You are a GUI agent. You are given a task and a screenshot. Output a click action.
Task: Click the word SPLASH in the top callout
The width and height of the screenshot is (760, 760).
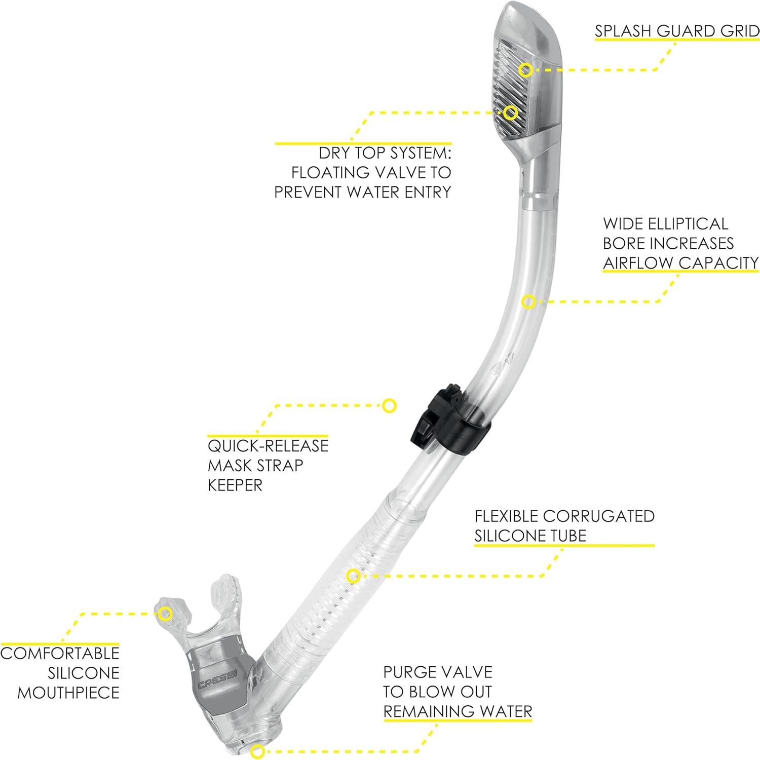click(623, 31)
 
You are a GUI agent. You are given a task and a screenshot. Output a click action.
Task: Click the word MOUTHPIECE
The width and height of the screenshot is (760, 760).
click(68, 693)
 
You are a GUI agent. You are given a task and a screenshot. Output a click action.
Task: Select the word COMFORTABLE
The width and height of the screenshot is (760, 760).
click(60, 653)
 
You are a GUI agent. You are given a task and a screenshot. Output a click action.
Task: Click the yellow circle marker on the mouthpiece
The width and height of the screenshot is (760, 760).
click(164, 614)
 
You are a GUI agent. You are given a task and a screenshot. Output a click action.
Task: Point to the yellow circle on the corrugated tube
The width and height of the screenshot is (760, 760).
click(354, 576)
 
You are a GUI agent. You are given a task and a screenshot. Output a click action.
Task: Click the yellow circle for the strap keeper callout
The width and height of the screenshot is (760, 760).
click(389, 405)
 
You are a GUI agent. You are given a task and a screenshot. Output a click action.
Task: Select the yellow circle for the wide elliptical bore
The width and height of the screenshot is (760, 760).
click(528, 302)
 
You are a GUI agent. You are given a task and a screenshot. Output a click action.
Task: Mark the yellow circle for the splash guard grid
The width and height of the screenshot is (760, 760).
click(526, 69)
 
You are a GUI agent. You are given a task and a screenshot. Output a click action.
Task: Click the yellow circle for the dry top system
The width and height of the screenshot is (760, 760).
click(511, 113)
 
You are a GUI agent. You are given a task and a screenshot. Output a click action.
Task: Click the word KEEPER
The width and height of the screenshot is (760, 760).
click(235, 485)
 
